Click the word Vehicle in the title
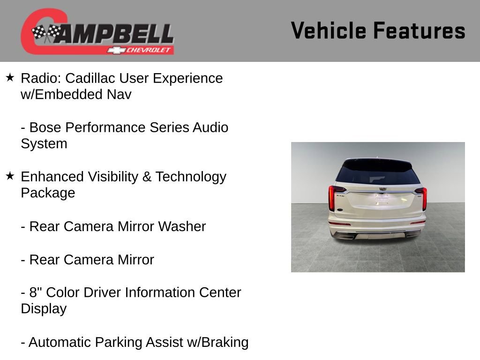pyautogui.click(x=328, y=30)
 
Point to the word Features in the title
pyautogui.click(x=419, y=30)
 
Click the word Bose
pyautogui.click(x=45, y=127)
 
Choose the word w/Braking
pyautogui.click(x=217, y=342)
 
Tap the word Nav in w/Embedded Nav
pyautogui.click(x=119, y=95)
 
